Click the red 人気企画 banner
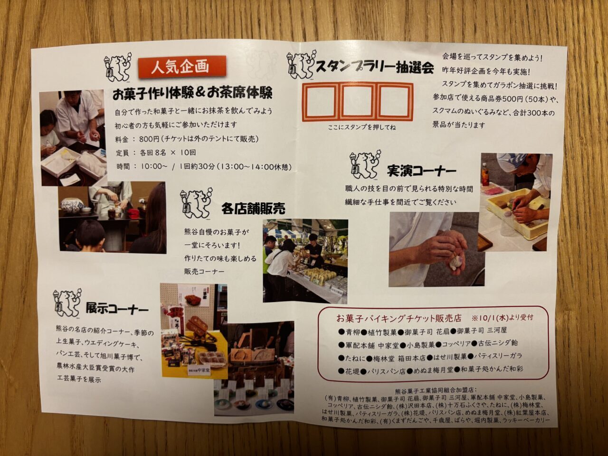[x=182, y=67]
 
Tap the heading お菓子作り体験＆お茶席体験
[x=192, y=93]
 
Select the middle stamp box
[x=358, y=102]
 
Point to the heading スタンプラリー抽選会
[x=374, y=67]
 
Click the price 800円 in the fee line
[x=150, y=139]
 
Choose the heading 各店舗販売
[x=253, y=209]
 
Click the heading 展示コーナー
[x=117, y=309]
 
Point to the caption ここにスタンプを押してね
[x=362, y=127]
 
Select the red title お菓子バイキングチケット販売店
[x=399, y=318]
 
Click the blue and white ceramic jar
[x=71, y=205]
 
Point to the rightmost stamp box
[x=394, y=102]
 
